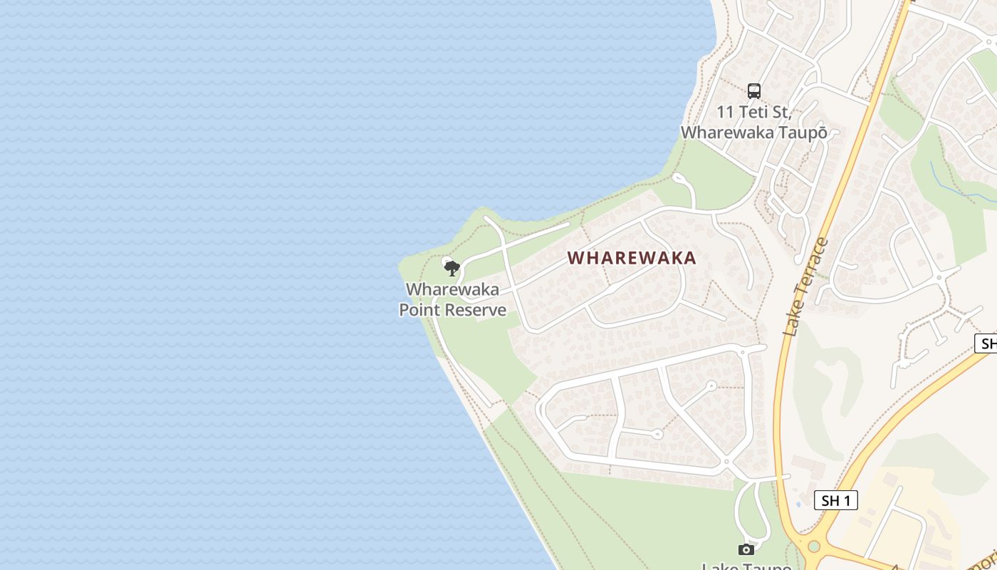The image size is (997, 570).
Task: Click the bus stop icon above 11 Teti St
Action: tap(754, 91)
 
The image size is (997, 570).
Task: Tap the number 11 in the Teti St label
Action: tap(725, 113)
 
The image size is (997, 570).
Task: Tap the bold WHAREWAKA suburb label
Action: tap(632, 258)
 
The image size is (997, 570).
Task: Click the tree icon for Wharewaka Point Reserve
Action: tap(451, 269)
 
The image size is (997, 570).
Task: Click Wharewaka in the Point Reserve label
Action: tap(452, 290)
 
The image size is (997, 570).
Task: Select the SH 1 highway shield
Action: tap(835, 500)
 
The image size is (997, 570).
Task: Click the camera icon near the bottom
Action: tap(746, 549)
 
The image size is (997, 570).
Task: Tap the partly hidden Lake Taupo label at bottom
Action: tap(746, 566)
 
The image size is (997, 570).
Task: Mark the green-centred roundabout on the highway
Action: tap(814, 546)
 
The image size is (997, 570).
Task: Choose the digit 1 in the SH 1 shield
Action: tap(847, 500)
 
